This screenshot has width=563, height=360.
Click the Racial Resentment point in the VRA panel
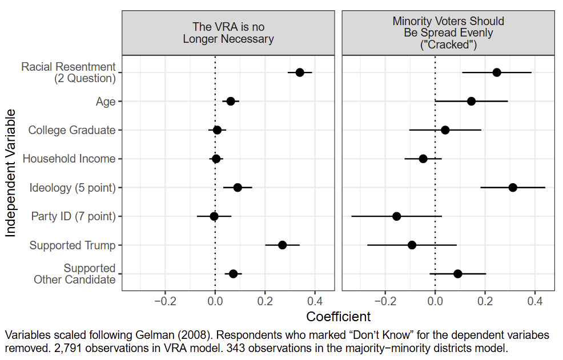pos(300,72)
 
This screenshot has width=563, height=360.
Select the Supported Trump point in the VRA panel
pos(282,245)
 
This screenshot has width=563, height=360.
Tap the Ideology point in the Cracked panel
pos(513,188)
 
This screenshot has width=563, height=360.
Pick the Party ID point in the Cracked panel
pos(396,216)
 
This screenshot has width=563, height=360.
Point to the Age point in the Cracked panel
pos(471,102)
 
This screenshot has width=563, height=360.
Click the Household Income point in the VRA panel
pos(216,159)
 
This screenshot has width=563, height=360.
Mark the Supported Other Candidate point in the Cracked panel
pos(457,274)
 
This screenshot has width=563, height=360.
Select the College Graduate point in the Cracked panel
pos(445,130)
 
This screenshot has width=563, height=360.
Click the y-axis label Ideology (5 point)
pos(73,188)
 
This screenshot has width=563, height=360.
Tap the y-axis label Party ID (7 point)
pos(73,217)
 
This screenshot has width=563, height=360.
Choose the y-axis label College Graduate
pos(72,130)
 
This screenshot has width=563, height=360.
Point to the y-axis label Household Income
pos(69,159)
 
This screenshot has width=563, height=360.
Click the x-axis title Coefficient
pos(338,316)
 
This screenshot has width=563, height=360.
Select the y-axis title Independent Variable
pos(10,173)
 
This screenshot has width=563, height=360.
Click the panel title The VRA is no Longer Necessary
pos(228,33)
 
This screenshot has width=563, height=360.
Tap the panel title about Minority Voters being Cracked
pos(448,33)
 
